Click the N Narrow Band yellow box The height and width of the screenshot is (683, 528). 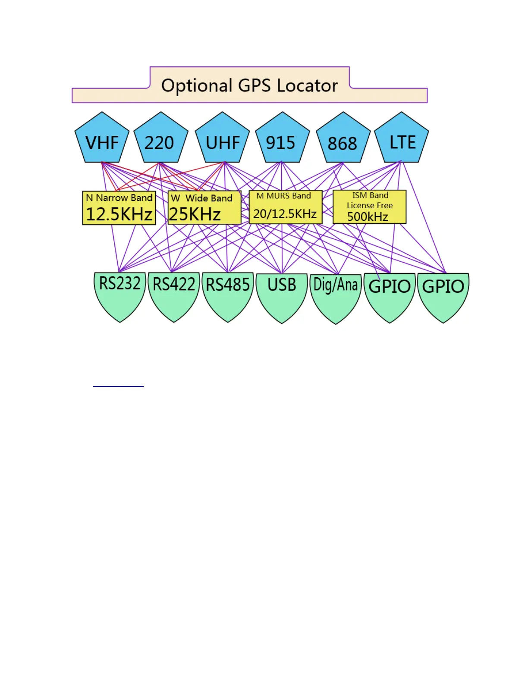pyautogui.click(x=119, y=208)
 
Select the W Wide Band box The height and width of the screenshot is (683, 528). pyautogui.click(x=204, y=208)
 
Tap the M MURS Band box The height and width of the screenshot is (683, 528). pyautogui.click(x=285, y=207)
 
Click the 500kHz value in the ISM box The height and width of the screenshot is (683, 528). pyautogui.click(x=368, y=216)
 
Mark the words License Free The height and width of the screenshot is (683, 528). pyautogui.click(x=370, y=206)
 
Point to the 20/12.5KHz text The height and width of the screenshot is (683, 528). pyautogui.click(x=285, y=214)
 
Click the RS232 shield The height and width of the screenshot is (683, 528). pyautogui.click(x=120, y=293)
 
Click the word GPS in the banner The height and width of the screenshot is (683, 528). pyautogui.click(x=254, y=86)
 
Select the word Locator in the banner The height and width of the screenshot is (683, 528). pyautogui.click(x=307, y=86)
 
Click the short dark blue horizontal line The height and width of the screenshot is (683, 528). pyautogui.click(x=118, y=386)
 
